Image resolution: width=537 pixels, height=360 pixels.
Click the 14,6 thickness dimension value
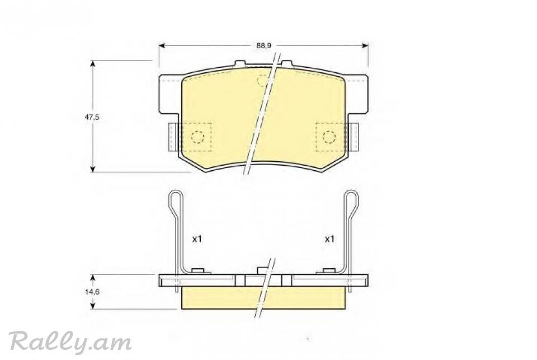click(92, 292)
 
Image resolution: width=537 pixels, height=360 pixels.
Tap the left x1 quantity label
click(197, 239)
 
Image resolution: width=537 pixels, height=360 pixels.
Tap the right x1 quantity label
click(329, 239)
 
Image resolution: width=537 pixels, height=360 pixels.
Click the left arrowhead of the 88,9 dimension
click(162, 45)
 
